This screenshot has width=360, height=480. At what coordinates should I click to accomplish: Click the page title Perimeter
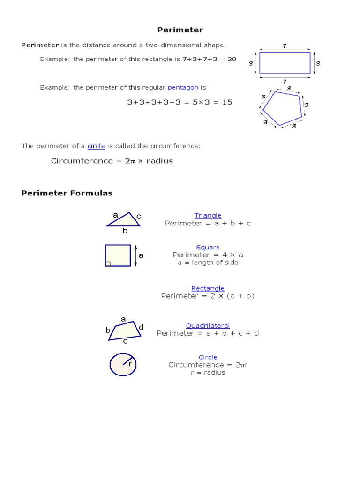[180, 30]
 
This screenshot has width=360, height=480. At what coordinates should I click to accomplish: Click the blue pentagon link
[183, 88]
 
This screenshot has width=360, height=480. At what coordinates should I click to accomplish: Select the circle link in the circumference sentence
[96, 146]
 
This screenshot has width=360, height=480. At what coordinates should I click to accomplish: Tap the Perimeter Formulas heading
[67, 193]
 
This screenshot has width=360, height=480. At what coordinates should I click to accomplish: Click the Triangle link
[208, 215]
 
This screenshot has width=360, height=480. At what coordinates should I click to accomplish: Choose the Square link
[208, 247]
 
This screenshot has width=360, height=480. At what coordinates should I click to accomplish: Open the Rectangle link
[208, 288]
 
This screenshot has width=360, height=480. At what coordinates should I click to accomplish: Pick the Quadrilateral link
[208, 325]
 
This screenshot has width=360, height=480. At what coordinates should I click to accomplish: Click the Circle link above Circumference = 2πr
[208, 357]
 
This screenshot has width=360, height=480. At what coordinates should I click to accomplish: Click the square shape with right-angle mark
[118, 255]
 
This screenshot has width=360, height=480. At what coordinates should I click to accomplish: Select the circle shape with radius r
[123, 365]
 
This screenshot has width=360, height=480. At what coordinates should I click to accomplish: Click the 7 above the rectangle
[285, 45]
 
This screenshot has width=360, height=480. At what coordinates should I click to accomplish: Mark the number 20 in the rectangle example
[232, 60]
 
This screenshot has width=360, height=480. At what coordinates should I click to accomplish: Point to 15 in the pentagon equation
[227, 102]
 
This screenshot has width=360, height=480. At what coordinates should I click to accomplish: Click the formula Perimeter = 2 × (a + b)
[208, 296]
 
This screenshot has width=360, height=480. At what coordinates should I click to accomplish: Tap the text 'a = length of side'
[208, 262]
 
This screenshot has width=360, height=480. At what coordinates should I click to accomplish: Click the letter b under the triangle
[125, 231]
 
